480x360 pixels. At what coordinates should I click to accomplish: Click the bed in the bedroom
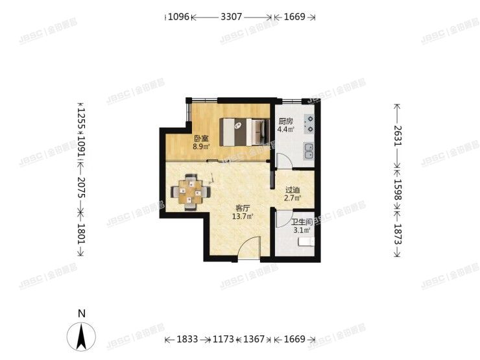click(243, 132)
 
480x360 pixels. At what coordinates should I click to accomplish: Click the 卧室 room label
click(201, 138)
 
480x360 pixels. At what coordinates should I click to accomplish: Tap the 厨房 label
click(286, 121)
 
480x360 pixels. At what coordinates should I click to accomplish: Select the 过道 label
click(293, 190)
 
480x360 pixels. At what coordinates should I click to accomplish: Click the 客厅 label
click(243, 208)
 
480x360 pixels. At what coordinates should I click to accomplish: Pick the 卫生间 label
click(302, 222)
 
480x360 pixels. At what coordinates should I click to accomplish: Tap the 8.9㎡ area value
click(201, 147)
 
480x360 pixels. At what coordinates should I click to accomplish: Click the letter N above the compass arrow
click(82, 313)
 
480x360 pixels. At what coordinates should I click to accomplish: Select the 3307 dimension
click(232, 18)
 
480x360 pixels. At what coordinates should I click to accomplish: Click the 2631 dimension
click(397, 137)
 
